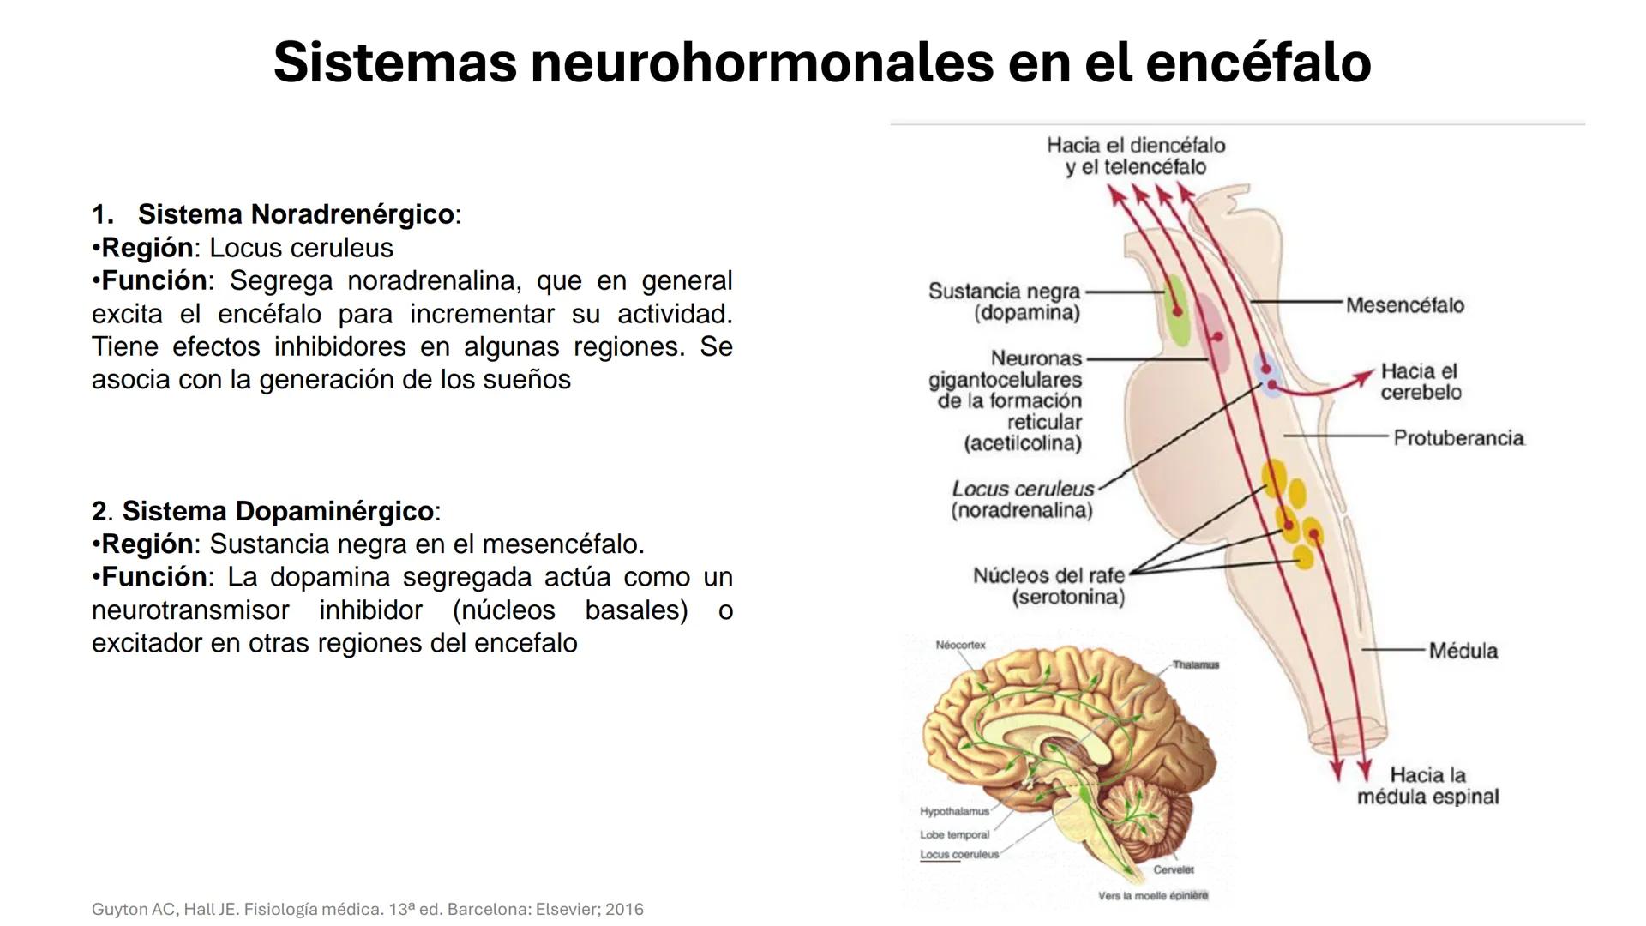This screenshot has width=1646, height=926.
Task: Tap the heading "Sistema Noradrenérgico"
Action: coord(296,214)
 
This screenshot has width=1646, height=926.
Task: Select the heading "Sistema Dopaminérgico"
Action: coord(278,511)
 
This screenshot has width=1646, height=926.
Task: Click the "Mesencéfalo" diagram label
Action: coord(1404,305)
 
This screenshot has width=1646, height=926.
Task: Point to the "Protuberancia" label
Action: coord(1458,438)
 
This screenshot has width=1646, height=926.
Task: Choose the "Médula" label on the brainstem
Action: coord(1463,651)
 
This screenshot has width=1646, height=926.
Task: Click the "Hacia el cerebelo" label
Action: coord(1420,382)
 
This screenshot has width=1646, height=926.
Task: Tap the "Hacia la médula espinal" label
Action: coord(1427,786)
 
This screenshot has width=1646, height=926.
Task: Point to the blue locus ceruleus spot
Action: coord(1267,373)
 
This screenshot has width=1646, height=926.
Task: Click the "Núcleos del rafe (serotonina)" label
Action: coord(1048,586)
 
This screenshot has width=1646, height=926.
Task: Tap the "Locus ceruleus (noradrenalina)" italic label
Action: coord(1023,500)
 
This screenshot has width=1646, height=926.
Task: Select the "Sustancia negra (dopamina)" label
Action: coord(1004,302)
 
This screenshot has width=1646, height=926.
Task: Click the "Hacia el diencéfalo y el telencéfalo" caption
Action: coord(1136,156)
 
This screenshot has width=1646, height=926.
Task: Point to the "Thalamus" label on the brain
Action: coord(1195,664)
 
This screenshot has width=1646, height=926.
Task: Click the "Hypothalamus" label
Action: coord(954,811)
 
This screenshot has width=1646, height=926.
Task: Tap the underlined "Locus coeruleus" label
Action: coord(959,854)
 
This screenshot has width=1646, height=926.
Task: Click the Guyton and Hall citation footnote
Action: coord(367,909)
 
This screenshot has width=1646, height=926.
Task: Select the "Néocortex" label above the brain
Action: coord(960,645)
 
